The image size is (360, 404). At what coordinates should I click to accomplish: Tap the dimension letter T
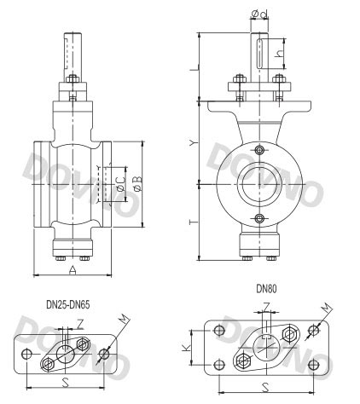pos(195,221)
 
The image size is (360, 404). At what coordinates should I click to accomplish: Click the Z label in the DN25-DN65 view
pos(80,323)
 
